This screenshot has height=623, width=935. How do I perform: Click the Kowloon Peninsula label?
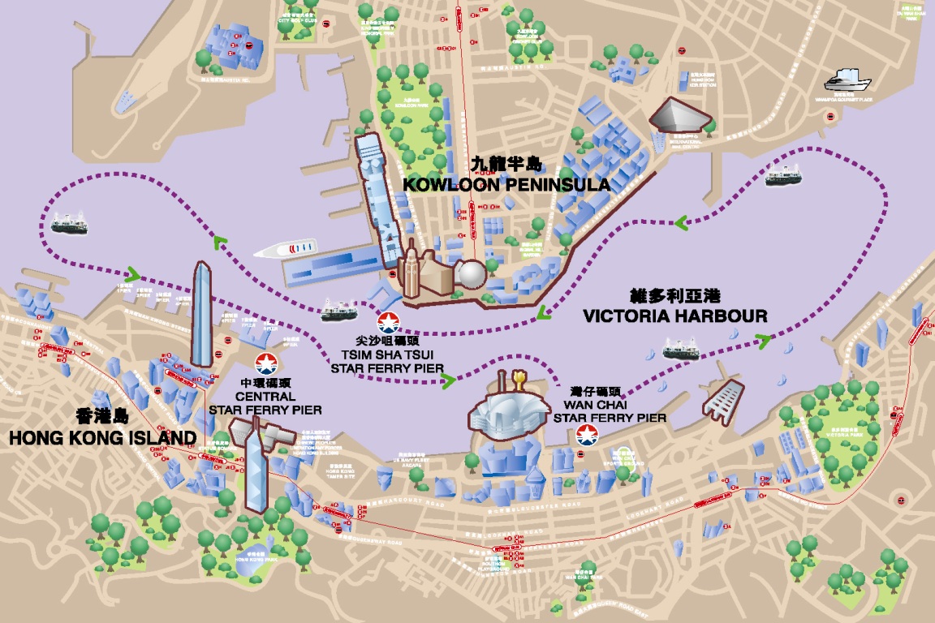pyautogui.click(x=506, y=185)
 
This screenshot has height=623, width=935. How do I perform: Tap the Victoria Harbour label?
pyautogui.click(x=675, y=314)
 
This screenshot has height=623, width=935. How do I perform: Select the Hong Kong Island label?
pyautogui.click(x=102, y=438)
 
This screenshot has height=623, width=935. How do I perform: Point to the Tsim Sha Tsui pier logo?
pyautogui.click(x=388, y=322)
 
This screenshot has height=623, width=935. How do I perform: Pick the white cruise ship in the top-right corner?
pyautogui.click(x=847, y=81)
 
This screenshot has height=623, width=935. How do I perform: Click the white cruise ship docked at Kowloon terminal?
pyautogui.click(x=285, y=247)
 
